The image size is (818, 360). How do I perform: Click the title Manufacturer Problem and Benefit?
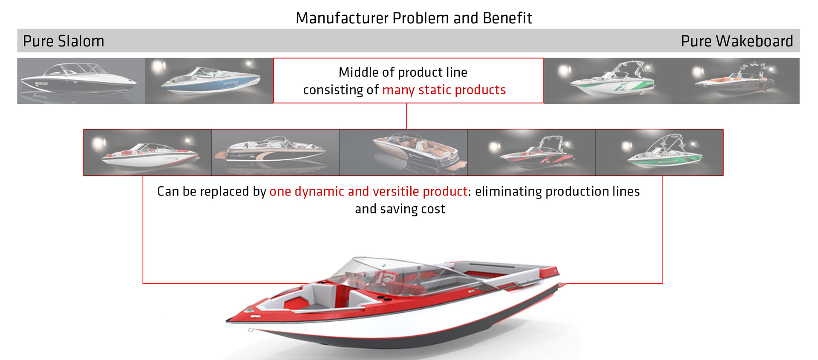(414, 18)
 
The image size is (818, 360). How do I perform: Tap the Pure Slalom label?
(63, 41)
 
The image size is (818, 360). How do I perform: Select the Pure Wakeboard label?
(737, 41)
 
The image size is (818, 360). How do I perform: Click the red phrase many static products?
(444, 90)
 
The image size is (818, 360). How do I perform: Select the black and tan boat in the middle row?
(275, 151)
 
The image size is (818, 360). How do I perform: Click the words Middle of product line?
(403, 72)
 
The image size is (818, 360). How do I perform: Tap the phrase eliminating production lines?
(557, 191)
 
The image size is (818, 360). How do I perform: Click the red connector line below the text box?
(406, 116)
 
